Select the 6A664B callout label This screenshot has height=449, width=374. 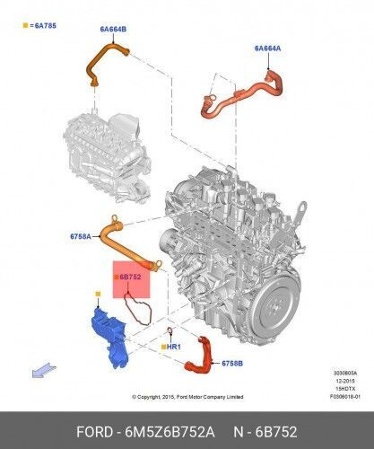click(112, 29)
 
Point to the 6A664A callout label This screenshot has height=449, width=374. click(267, 48)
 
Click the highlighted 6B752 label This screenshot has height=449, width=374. click(130, 277)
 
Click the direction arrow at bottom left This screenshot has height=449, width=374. click(38, 367)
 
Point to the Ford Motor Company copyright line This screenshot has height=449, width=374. click(186, 396)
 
